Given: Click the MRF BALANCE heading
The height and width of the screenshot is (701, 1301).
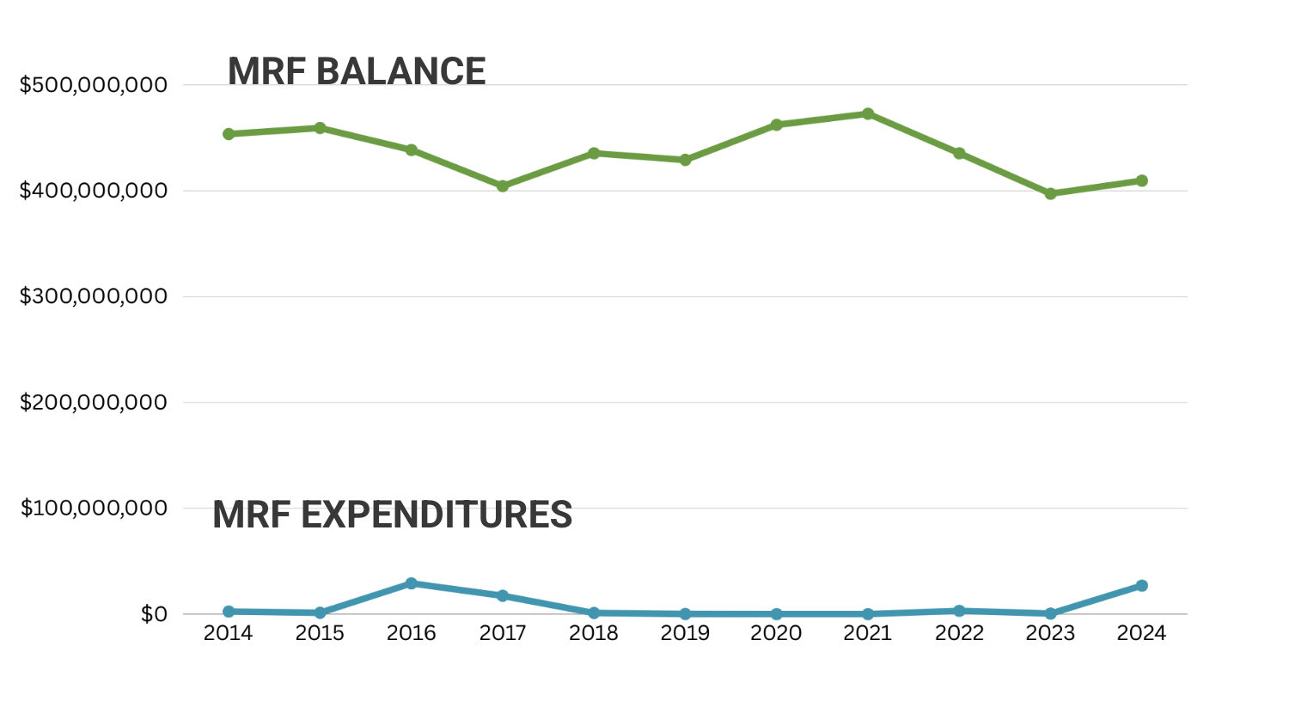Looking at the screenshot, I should pyautogui.click(x=357, y=71).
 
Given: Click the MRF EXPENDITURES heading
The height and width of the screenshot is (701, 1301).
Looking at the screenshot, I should pyautogui.click(x=392, y=515).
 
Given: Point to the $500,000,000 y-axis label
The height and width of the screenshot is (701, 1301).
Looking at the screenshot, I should pyautogui.click(x=94, y=85).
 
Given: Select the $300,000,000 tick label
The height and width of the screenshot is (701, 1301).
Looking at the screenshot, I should pyautogui.click(x=94, y=296).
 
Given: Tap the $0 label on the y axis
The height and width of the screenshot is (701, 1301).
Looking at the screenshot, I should pyautogui.click(x=154, y=614).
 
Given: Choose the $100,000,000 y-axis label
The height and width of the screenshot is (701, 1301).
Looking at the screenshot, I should pyautogui.click(x=94, y=508).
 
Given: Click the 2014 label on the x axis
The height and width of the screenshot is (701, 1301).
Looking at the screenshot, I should pyautogui.click(x=228, y=634).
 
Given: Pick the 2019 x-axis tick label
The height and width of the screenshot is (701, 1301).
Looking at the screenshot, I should pyautogui.click(x=685, y=634).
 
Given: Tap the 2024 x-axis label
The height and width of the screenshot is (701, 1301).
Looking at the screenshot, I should pyautogui.click(x=1141, y=634).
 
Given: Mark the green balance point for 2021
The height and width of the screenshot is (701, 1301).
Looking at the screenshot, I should pyautogui.click(x=868, y=114).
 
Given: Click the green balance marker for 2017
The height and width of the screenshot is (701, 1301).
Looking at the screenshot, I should pyautogui.click(x=503, y=186).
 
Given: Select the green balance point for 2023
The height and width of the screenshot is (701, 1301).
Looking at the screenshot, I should pyautogui.click(x=1050, y=194).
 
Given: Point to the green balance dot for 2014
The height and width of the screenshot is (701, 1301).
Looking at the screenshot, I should pyautogui.click(x=229, y=134).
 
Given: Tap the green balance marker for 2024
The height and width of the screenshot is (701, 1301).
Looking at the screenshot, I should pyautogui.click(x=1142, y=180).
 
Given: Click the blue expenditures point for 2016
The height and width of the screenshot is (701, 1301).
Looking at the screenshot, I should pyautogui.click(x=411, y=583).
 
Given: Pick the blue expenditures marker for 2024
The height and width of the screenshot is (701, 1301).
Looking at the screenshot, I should pyautogui.click(x=1142, y=586).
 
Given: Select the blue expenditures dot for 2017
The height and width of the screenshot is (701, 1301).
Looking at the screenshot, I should pyautogui.click(x=503, y=595).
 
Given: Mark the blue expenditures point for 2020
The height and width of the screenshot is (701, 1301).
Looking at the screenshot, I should pyautogui.click(x=777, y=614).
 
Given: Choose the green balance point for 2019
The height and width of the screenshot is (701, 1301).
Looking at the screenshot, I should pyautogui.click(x=685, y=160).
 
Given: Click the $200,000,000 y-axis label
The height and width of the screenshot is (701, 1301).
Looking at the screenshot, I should pyautogui.click(x=94, y=402).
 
